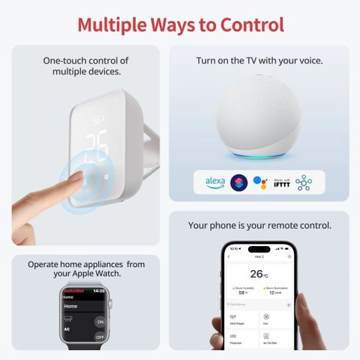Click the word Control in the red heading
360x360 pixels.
(x=251, y=24)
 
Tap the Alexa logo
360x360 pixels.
(x=215, y=181)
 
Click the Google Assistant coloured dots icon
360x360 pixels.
(x=259, y=181)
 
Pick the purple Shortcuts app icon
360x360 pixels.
(x=238, y=181)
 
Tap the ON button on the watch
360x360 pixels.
(x=99, y=321)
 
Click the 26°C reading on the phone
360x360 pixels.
(x=259, y=274)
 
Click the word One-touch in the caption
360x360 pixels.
(x=67, y=61)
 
